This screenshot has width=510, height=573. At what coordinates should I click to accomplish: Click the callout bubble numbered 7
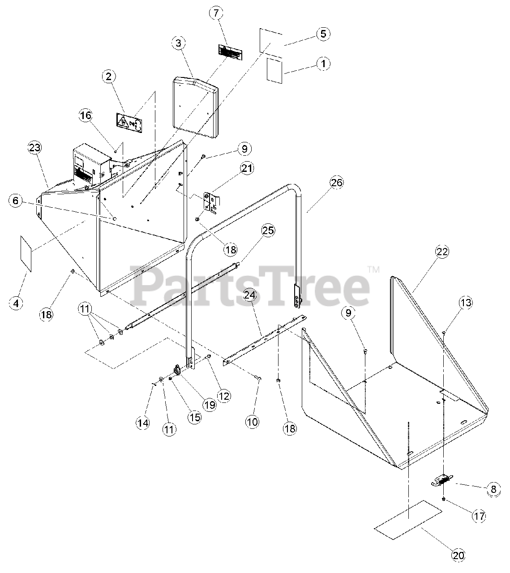pos(216,13)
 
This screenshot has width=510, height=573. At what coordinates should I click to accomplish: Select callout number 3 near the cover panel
pos(178,43)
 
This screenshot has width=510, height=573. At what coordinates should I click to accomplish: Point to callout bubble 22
pos(442,252)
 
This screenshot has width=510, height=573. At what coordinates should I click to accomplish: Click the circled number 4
pos(16,303)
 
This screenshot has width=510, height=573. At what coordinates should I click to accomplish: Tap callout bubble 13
pos(466,303)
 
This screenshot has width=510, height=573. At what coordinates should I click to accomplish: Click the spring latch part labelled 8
pos(441,482)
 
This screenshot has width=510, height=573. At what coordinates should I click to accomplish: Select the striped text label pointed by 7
pos(230,52)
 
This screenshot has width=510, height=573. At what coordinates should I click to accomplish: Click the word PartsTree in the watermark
pos(251,285)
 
